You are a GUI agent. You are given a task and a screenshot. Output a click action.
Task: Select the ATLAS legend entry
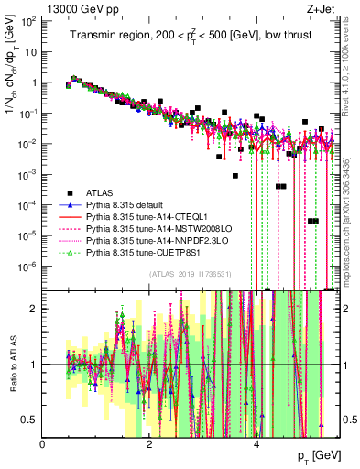(x=100, y=192)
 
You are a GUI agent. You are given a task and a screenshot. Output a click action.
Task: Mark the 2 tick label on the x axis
(x=150, y=443)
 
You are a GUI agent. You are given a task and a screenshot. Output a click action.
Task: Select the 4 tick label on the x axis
(x=257, y=443)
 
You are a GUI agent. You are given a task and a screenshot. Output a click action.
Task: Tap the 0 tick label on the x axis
(x=43, y=443)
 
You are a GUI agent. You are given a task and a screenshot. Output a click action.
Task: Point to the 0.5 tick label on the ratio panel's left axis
(x=30, y=420)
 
